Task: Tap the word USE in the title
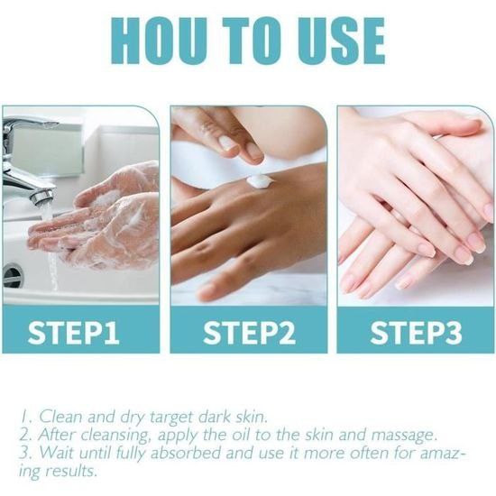[x=341, y=41]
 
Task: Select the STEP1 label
[x=73, y=333]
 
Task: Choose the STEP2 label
[x=249, y=333]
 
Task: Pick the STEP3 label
[x=416, y=333]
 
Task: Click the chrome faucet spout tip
[x=41, y=197]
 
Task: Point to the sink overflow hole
[x=13, y=275]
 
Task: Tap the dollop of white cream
[x=261, y=182]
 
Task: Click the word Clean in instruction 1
[x=60, y=417]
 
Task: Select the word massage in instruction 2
[x=404, y=436]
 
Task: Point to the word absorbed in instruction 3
[x=186, y=453]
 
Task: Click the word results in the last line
[x=70, y=471]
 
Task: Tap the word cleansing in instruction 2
[x=115, y=436]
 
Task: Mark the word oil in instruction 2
[x=242, y=435]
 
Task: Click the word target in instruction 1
[x=171, y=418]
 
